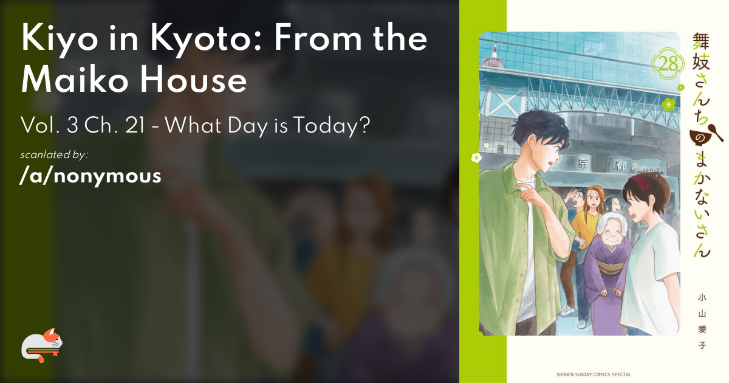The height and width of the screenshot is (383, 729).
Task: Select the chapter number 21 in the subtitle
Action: coord(135,125)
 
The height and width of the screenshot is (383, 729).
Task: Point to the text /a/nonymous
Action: coord(91,176)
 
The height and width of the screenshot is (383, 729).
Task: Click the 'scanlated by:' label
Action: coord(54,154)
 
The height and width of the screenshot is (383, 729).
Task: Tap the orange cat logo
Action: coord(42,345)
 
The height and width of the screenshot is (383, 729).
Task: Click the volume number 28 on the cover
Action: coord(668,64)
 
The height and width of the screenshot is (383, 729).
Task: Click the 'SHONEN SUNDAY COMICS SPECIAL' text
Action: coord(594,374)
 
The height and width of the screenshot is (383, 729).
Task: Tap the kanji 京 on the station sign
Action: coord(582,163)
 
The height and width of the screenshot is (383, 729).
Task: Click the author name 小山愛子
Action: coord(702,322)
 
